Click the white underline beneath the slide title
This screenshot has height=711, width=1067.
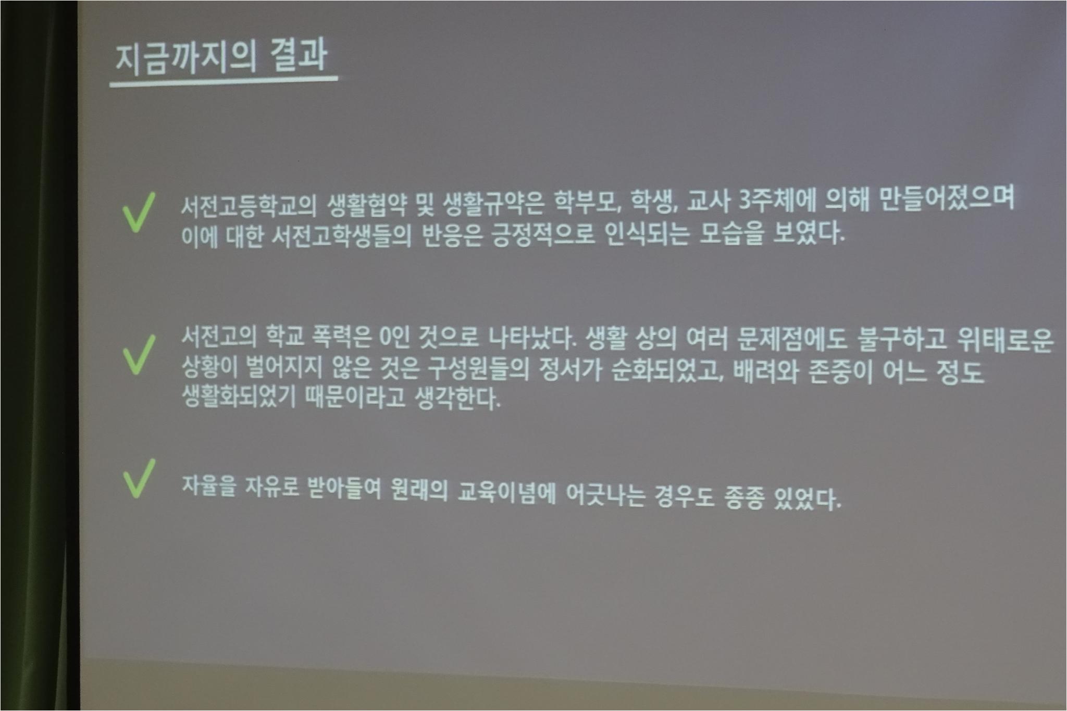[224, 81]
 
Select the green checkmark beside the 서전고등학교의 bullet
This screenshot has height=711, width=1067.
[138, 212]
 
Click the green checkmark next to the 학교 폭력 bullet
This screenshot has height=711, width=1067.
[139, 354]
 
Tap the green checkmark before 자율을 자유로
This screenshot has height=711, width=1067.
[139, 478]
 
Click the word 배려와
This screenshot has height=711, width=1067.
[765, 371]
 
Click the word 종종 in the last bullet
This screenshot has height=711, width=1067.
[745, 497]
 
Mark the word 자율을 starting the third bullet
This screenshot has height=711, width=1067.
[209, 487]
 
